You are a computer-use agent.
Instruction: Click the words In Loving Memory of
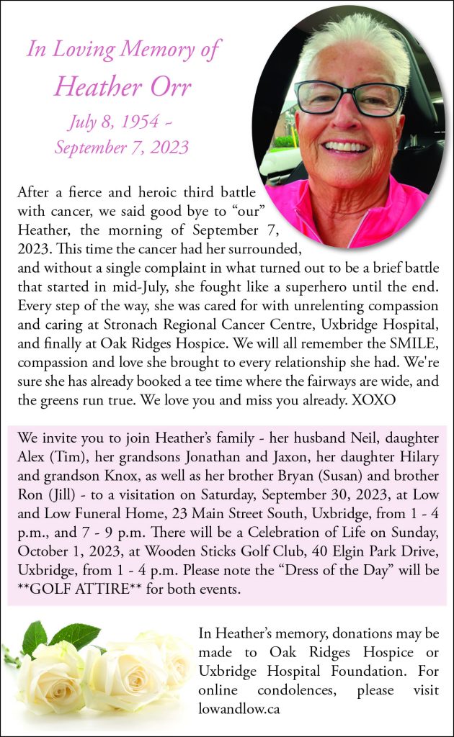pyautogui.click(x=123, y=50)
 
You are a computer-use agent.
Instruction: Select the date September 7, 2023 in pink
pyautogui.click(x=122, y=148)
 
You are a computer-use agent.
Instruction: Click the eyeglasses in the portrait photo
pyautogui.click(x=350, y=97)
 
